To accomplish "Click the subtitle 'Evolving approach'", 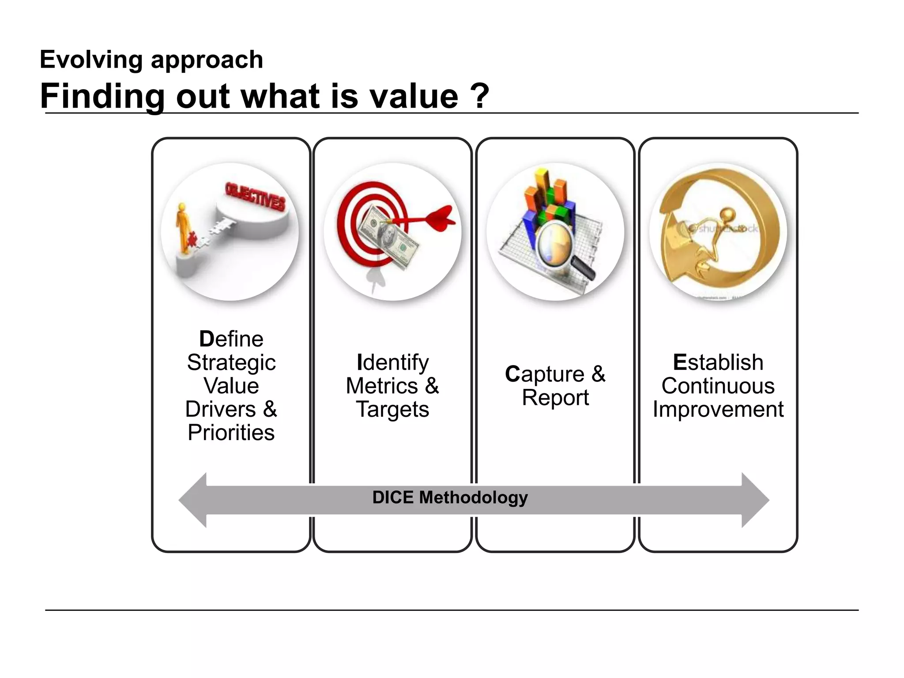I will point(151,60).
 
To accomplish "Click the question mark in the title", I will point(480,96).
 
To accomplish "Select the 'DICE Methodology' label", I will point(450,497).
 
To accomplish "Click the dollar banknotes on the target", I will point(388,236).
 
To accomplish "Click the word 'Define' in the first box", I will point(231,339).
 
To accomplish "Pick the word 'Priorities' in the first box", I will point(231,433).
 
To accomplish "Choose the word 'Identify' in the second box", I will point(392,362).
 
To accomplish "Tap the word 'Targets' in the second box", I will point(392,409).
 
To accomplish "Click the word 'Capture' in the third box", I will point(545,374).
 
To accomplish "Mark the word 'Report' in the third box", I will point(555,398).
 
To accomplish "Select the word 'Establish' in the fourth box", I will point(718,362).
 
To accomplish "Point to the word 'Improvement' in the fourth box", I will point(718,409).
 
